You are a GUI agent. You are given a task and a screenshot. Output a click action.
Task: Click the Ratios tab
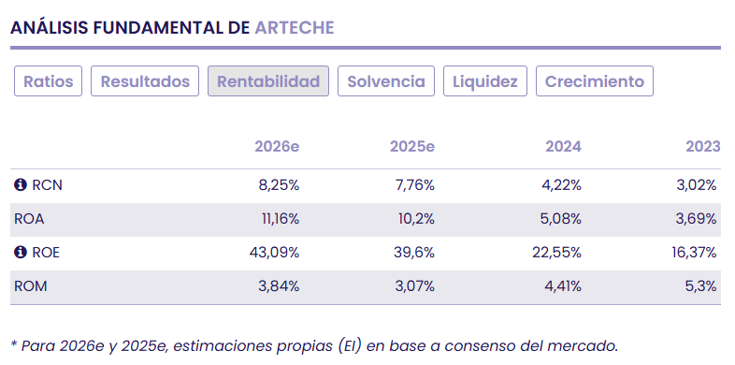click(x=49, y=81)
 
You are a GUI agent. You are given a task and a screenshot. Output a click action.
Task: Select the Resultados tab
click(x=145, y=81)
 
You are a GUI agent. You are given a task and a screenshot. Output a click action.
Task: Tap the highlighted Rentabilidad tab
click(x=268, y=81)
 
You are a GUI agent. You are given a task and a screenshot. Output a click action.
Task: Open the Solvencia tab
click(x=386, y=81)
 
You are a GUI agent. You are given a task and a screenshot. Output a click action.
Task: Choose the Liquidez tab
click(x=485, y=81)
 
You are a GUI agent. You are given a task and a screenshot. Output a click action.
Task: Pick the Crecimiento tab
click(x=595, y=81)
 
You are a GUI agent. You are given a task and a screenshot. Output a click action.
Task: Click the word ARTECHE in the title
click(x=294, y=27)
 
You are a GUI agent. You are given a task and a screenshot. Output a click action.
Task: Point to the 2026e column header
click(x=277, y=147)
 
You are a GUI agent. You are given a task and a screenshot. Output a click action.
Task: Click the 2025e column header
click(x=412, y=147)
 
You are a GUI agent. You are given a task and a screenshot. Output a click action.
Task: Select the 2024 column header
click(x=563, y=147)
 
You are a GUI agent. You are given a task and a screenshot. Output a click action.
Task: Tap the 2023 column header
click(x=702, y=147)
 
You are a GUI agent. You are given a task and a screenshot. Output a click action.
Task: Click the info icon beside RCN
click(x=21, y=185)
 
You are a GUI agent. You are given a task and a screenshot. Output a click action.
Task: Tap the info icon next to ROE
click(x=21, y=253)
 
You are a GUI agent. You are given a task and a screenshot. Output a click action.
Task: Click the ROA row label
click(x=29, y=219)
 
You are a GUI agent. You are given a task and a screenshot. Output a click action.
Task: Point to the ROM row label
click(x=30, y=286)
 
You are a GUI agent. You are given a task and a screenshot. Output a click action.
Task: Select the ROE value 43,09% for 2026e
click(x=273, y=253)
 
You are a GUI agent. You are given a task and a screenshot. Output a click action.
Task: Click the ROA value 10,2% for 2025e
click(x=414, y=219)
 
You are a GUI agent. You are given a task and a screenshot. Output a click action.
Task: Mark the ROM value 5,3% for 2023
click(x=702, y=286)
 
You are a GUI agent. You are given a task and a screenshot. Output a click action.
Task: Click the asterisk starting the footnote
click(x=14, y=343)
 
